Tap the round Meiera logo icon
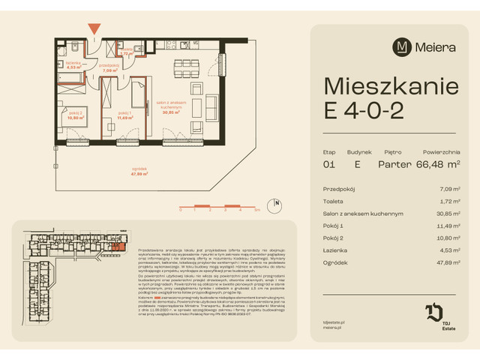click(x=403, y=46)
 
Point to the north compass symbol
click(x=276, y=202)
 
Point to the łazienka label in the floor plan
click(x=73, y=65)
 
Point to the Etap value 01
click(x=329, y=163)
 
